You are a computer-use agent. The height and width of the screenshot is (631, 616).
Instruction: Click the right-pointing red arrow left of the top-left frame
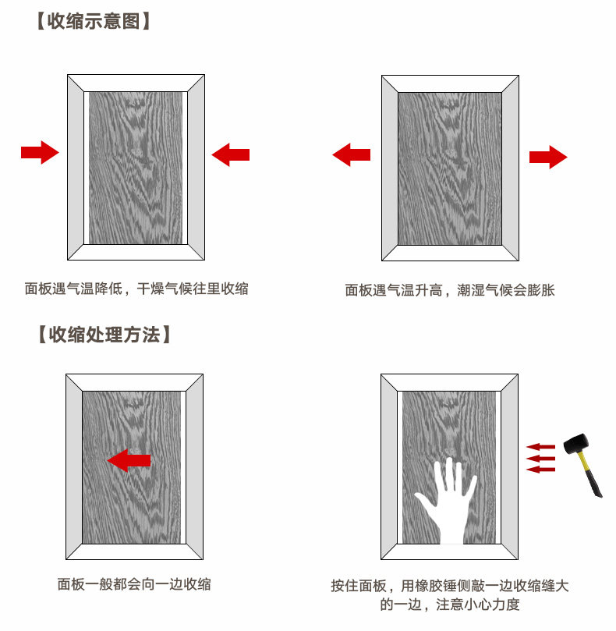(x=40, y=151)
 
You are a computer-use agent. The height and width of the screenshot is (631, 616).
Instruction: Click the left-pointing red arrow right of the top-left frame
(x=230, y=154)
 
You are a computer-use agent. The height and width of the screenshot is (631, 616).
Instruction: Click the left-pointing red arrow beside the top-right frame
(x=351, y=155)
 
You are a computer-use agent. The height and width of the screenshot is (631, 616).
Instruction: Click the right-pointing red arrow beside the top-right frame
(x=548, y=157)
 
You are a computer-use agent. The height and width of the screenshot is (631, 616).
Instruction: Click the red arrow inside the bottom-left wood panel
(x=129, y=461)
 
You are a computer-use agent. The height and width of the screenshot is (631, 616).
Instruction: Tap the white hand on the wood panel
(x=448, y=500)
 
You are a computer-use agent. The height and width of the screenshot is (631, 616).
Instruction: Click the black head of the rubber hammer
(x=577, y=445)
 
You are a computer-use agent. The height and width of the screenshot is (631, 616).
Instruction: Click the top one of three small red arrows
(x=540, y=447)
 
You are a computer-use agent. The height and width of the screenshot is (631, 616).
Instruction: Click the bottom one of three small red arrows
(x=540, y=470)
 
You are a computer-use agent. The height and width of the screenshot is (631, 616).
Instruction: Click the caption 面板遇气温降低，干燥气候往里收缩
(x=136, y=289)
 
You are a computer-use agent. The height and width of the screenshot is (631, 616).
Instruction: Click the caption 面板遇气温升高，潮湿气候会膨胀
(x=450, y=290)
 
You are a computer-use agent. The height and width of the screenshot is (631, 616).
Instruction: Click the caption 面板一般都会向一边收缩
(x=134, y=583)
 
